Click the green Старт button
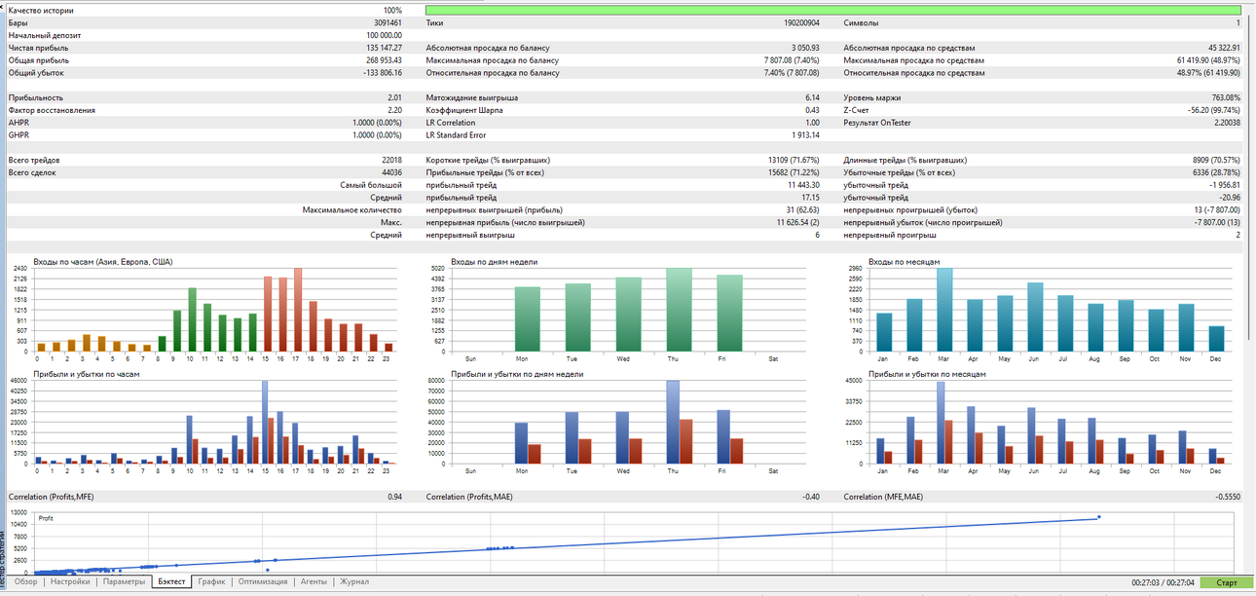1226,582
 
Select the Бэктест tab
171,581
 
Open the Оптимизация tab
263,581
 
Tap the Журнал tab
354,581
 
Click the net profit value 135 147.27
384,48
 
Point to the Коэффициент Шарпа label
464,110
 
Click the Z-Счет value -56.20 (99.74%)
1214,110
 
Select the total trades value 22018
392,161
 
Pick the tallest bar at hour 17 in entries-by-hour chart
298,310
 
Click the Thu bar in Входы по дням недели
679,310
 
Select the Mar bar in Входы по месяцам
944,310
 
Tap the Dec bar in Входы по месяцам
1216,339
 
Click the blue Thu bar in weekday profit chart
673,423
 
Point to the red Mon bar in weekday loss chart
535,454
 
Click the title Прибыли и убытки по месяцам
927,374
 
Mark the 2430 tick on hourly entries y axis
20,269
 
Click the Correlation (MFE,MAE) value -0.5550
1228,497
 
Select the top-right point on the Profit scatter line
1099,517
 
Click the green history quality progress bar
833,10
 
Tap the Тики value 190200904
802,23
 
